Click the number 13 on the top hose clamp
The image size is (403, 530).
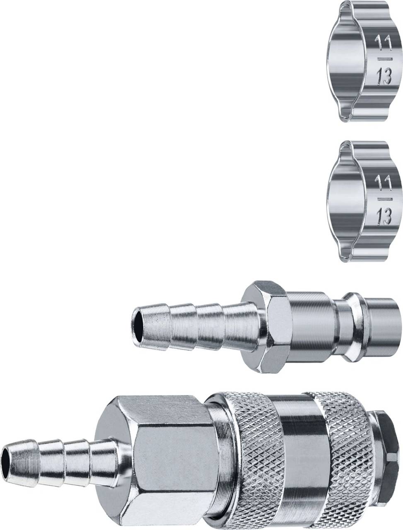384,77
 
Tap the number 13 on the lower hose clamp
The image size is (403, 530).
384,216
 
